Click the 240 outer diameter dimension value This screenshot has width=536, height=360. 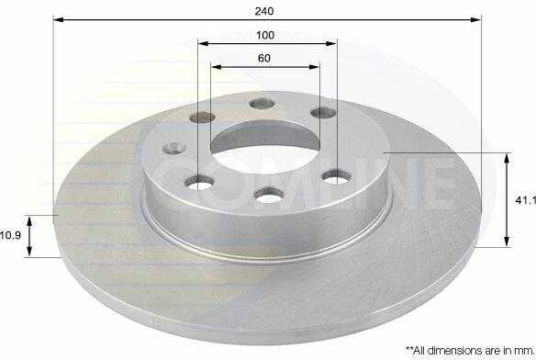point(264,11)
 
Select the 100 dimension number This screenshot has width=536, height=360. point(265,35)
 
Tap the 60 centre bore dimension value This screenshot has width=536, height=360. point(264,58)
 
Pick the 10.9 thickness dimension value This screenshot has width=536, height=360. point(11,235)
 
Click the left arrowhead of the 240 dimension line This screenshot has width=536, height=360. point(59,19)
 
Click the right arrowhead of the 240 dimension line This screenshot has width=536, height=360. point(475,19)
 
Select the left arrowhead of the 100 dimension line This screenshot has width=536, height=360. point(203,43)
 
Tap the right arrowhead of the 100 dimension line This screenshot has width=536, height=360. point(331,43)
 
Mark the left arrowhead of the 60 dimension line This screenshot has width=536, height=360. point(216,67)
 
